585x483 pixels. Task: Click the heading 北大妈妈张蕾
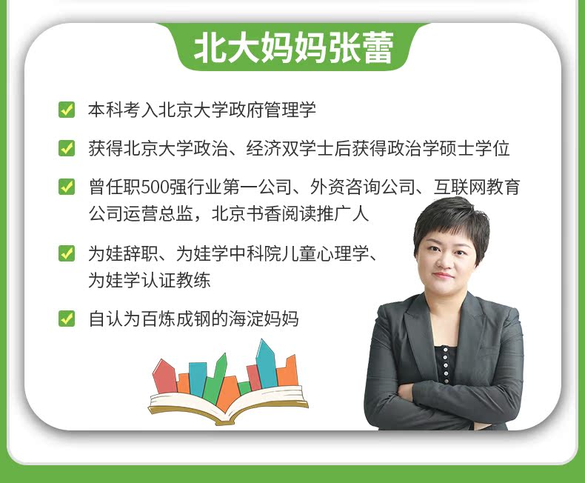294,47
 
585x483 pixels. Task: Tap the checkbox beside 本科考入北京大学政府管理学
67,110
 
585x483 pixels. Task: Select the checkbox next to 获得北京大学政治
67,148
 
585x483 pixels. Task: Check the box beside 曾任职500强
67,187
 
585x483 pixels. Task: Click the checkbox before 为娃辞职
67,253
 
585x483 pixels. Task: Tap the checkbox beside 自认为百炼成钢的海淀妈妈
67,319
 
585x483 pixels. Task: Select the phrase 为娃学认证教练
150,280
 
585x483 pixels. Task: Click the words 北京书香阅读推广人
290,214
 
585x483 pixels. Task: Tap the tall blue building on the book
266,364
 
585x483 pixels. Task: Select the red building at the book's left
165,376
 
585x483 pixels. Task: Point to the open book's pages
228,405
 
